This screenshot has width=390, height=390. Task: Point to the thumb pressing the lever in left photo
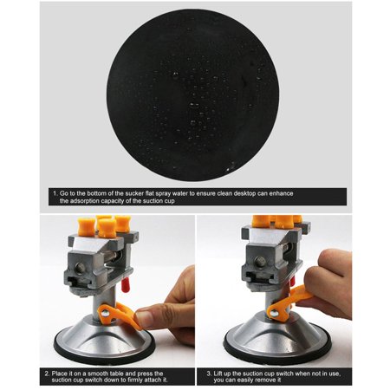154,317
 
